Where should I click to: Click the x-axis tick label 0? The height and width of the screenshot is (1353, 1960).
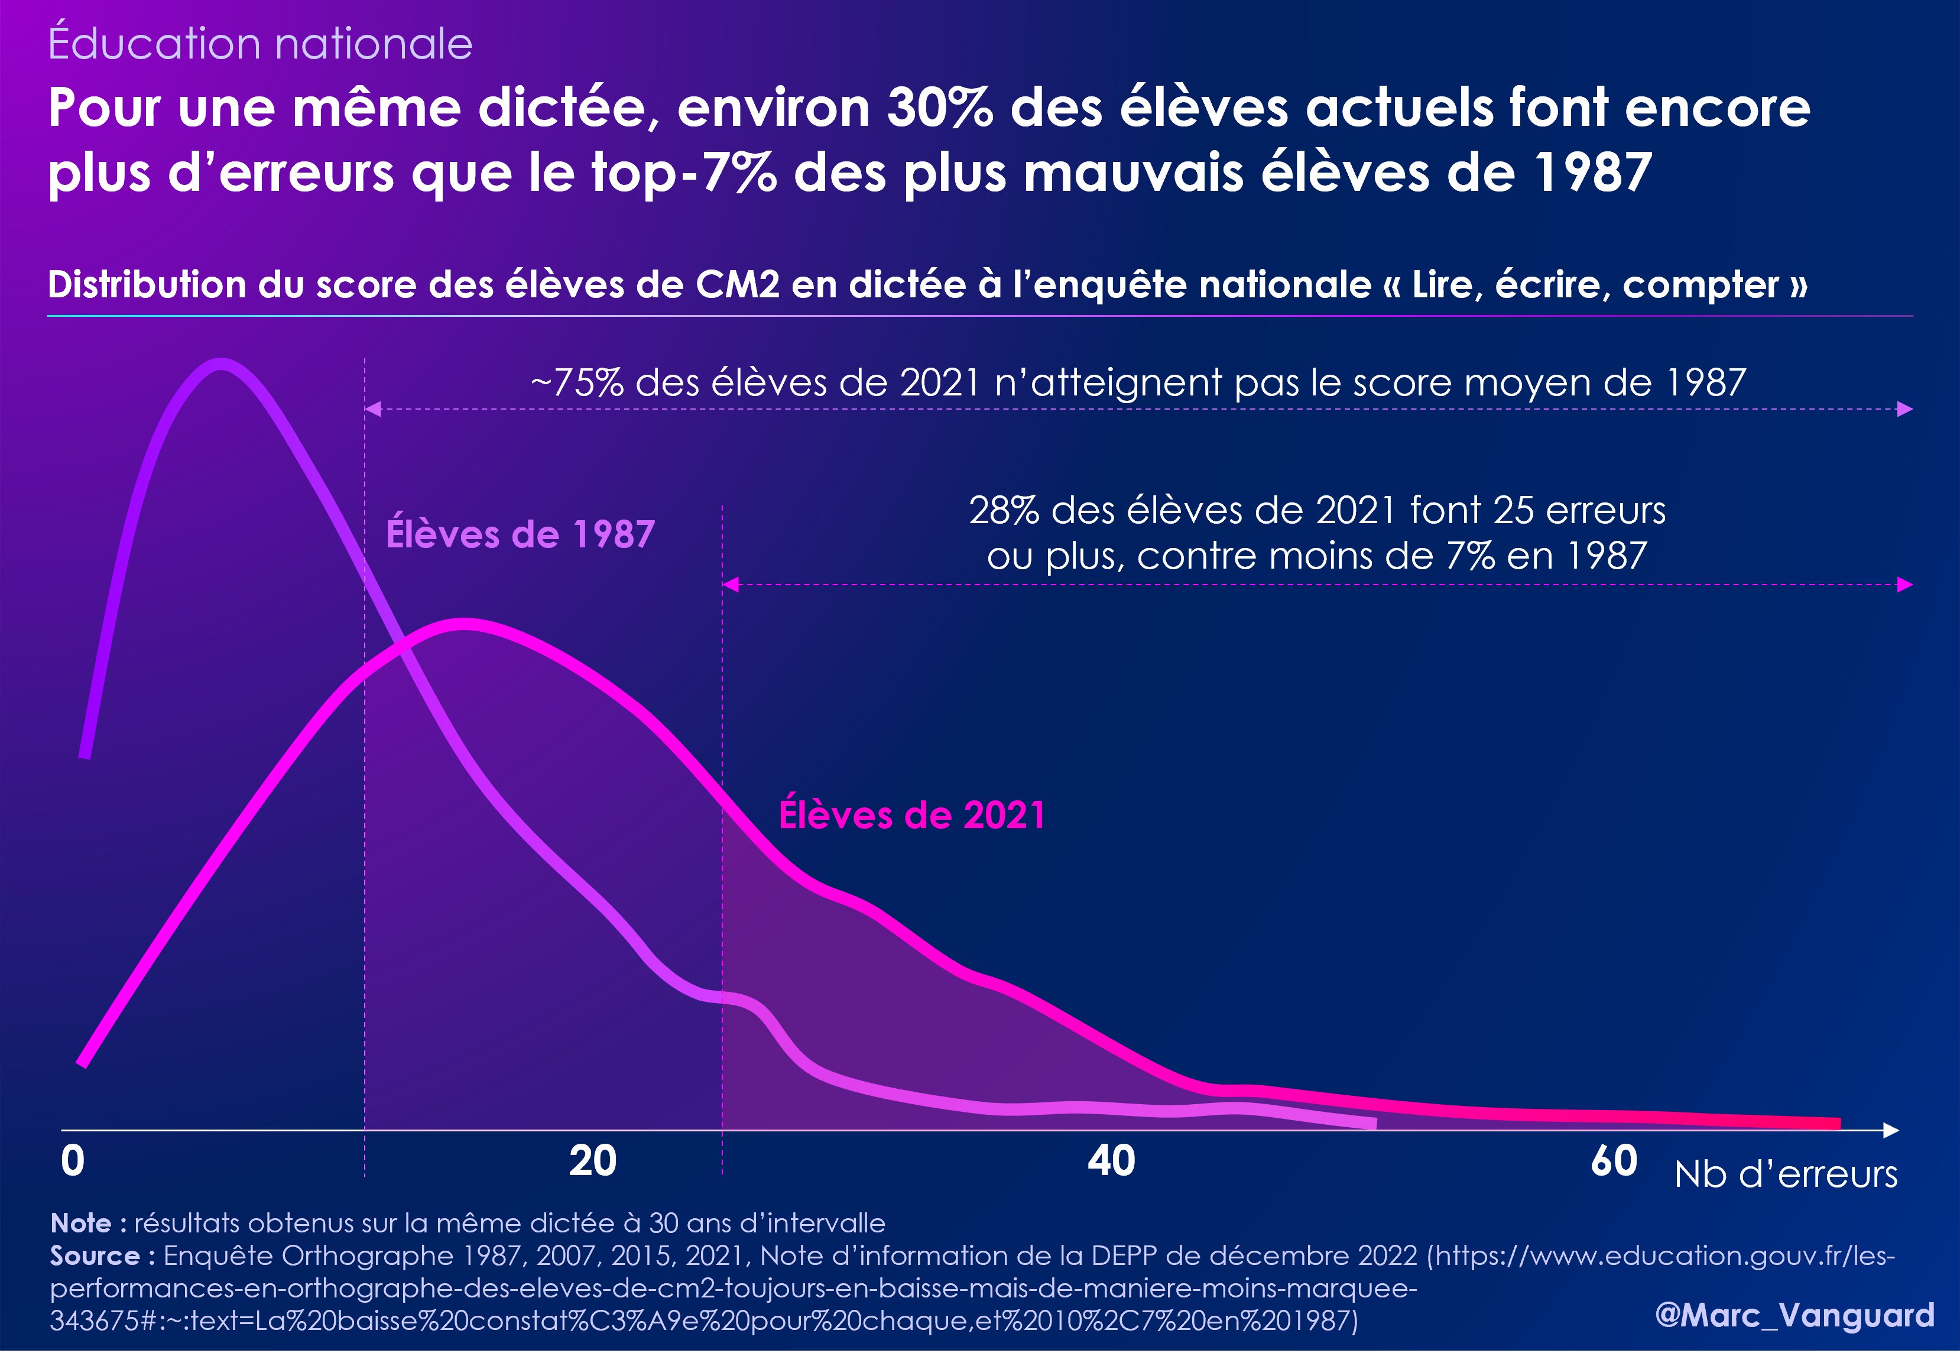[73, 1160]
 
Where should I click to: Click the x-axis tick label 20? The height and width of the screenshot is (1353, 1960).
[593, 1160]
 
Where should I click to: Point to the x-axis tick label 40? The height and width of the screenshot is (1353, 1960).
[1111, 1160]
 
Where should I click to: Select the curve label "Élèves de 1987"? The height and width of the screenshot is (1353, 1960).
[520, 535]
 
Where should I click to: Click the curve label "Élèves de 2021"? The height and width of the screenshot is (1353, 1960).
[911, 816]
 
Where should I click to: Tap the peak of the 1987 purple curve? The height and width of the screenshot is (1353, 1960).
[220, 365]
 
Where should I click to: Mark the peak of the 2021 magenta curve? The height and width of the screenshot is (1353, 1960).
[462, 625]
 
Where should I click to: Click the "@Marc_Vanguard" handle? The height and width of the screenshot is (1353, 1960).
[1794, 1315]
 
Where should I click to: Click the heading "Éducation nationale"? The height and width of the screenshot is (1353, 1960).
[260, 44]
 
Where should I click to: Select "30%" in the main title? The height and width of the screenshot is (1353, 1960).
[939, 109]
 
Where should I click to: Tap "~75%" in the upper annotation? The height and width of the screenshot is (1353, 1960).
[576, 383]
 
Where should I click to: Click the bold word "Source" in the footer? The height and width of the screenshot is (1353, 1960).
[95, 1255]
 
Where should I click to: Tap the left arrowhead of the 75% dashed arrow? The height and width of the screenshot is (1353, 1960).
[373, 410]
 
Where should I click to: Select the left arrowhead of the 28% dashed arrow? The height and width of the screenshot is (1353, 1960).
[731, 584]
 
